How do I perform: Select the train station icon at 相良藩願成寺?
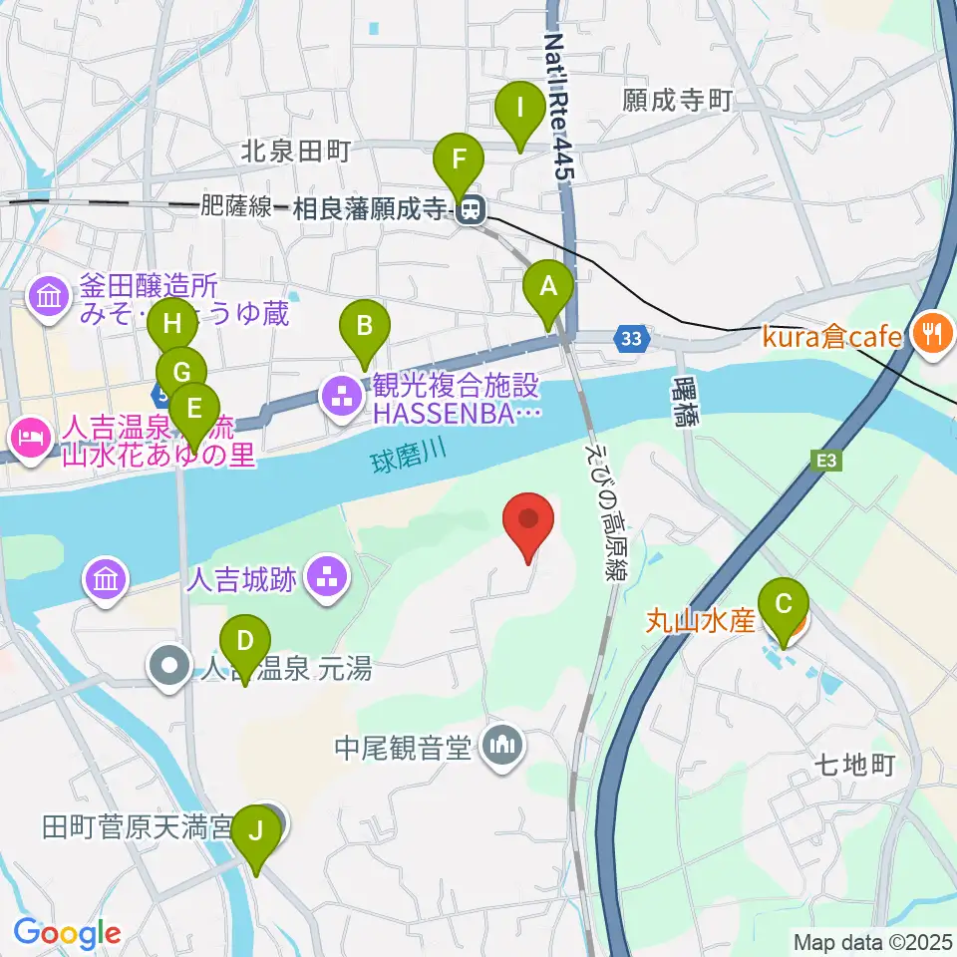pos(471,209)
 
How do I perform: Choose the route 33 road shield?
pos(630,339)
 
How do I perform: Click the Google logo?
pos(68,933)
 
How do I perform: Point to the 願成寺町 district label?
pos(678,100)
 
